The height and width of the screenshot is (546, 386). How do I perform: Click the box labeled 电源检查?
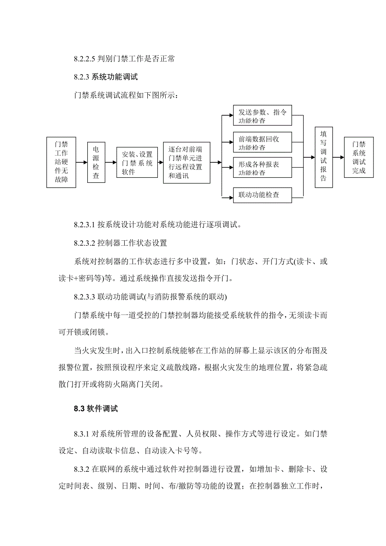pyautogui.click(x=96, y=163)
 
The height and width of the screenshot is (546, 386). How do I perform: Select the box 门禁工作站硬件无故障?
pyautogui.click(x=61, y=162)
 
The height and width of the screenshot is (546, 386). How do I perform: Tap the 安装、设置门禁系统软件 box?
pyautogui.click(x=137, y=162)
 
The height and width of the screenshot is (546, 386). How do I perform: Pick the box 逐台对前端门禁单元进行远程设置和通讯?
pyautogui.click(x=186, y=162)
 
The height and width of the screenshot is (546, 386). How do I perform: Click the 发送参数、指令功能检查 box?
pyautogui.click(x=262, y=116)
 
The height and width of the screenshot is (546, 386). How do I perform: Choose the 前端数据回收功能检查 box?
pyautogui.click(x=262, y=143)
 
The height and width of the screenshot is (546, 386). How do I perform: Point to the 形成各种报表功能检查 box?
pyautogui.click(x=262, y=168)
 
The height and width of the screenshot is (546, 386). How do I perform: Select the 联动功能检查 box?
pyautogui.click(x=262, y=195)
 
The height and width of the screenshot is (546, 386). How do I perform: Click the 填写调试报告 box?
pyautogui.click(x=323, y=157)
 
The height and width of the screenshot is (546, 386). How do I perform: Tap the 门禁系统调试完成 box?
pyautogui.click(x=359, y=157)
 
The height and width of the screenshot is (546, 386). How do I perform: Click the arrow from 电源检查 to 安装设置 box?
pyautogui.click(x=111, y=163)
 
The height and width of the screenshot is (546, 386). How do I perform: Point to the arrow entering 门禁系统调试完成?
pyautogui.click(x=338, y=157)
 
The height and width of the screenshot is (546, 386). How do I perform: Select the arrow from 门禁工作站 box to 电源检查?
pyautogui.click(x=82, y=163)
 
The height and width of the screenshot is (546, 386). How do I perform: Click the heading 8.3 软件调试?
pyautogui.click(x=96, y=409)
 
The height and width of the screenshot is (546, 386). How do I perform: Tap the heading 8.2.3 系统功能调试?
pyautogui.click(x=106, y=77)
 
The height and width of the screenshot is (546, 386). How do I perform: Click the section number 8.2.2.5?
pyautogui.click(x=85, y=59)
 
